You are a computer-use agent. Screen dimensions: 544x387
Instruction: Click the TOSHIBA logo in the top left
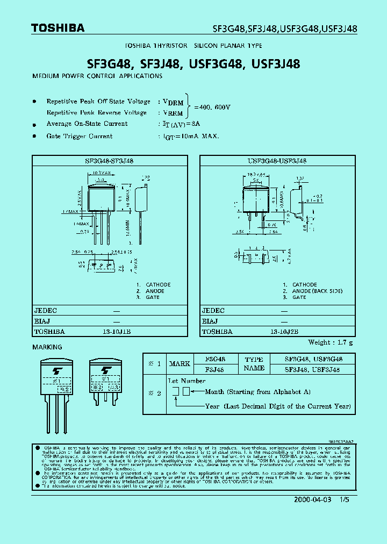click(x=58, y=28)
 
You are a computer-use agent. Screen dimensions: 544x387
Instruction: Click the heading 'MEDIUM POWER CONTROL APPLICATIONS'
click(x=97, y=76)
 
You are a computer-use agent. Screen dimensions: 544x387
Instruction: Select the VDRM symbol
click(x=173, y=102)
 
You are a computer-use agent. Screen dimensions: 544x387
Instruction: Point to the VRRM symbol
click(x=173, y=113)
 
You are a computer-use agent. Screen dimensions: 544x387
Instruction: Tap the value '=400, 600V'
click(x=212, y=107)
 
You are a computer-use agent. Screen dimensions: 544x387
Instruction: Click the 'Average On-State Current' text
click(x=87, y=124)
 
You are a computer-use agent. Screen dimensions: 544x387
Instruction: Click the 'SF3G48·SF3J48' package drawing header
click(x=109, y=161)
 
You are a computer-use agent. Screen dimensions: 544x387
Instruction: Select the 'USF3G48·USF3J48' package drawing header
click(x=277, y=161)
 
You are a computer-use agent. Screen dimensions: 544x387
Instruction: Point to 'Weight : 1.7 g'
click(x=331, y=342)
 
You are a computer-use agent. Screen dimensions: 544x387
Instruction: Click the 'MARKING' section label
click(x=47, y=347)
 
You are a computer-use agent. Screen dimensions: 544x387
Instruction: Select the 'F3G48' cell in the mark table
click(x=216, y=359)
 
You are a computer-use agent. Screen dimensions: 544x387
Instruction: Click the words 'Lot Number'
click(x=187, y=381)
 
